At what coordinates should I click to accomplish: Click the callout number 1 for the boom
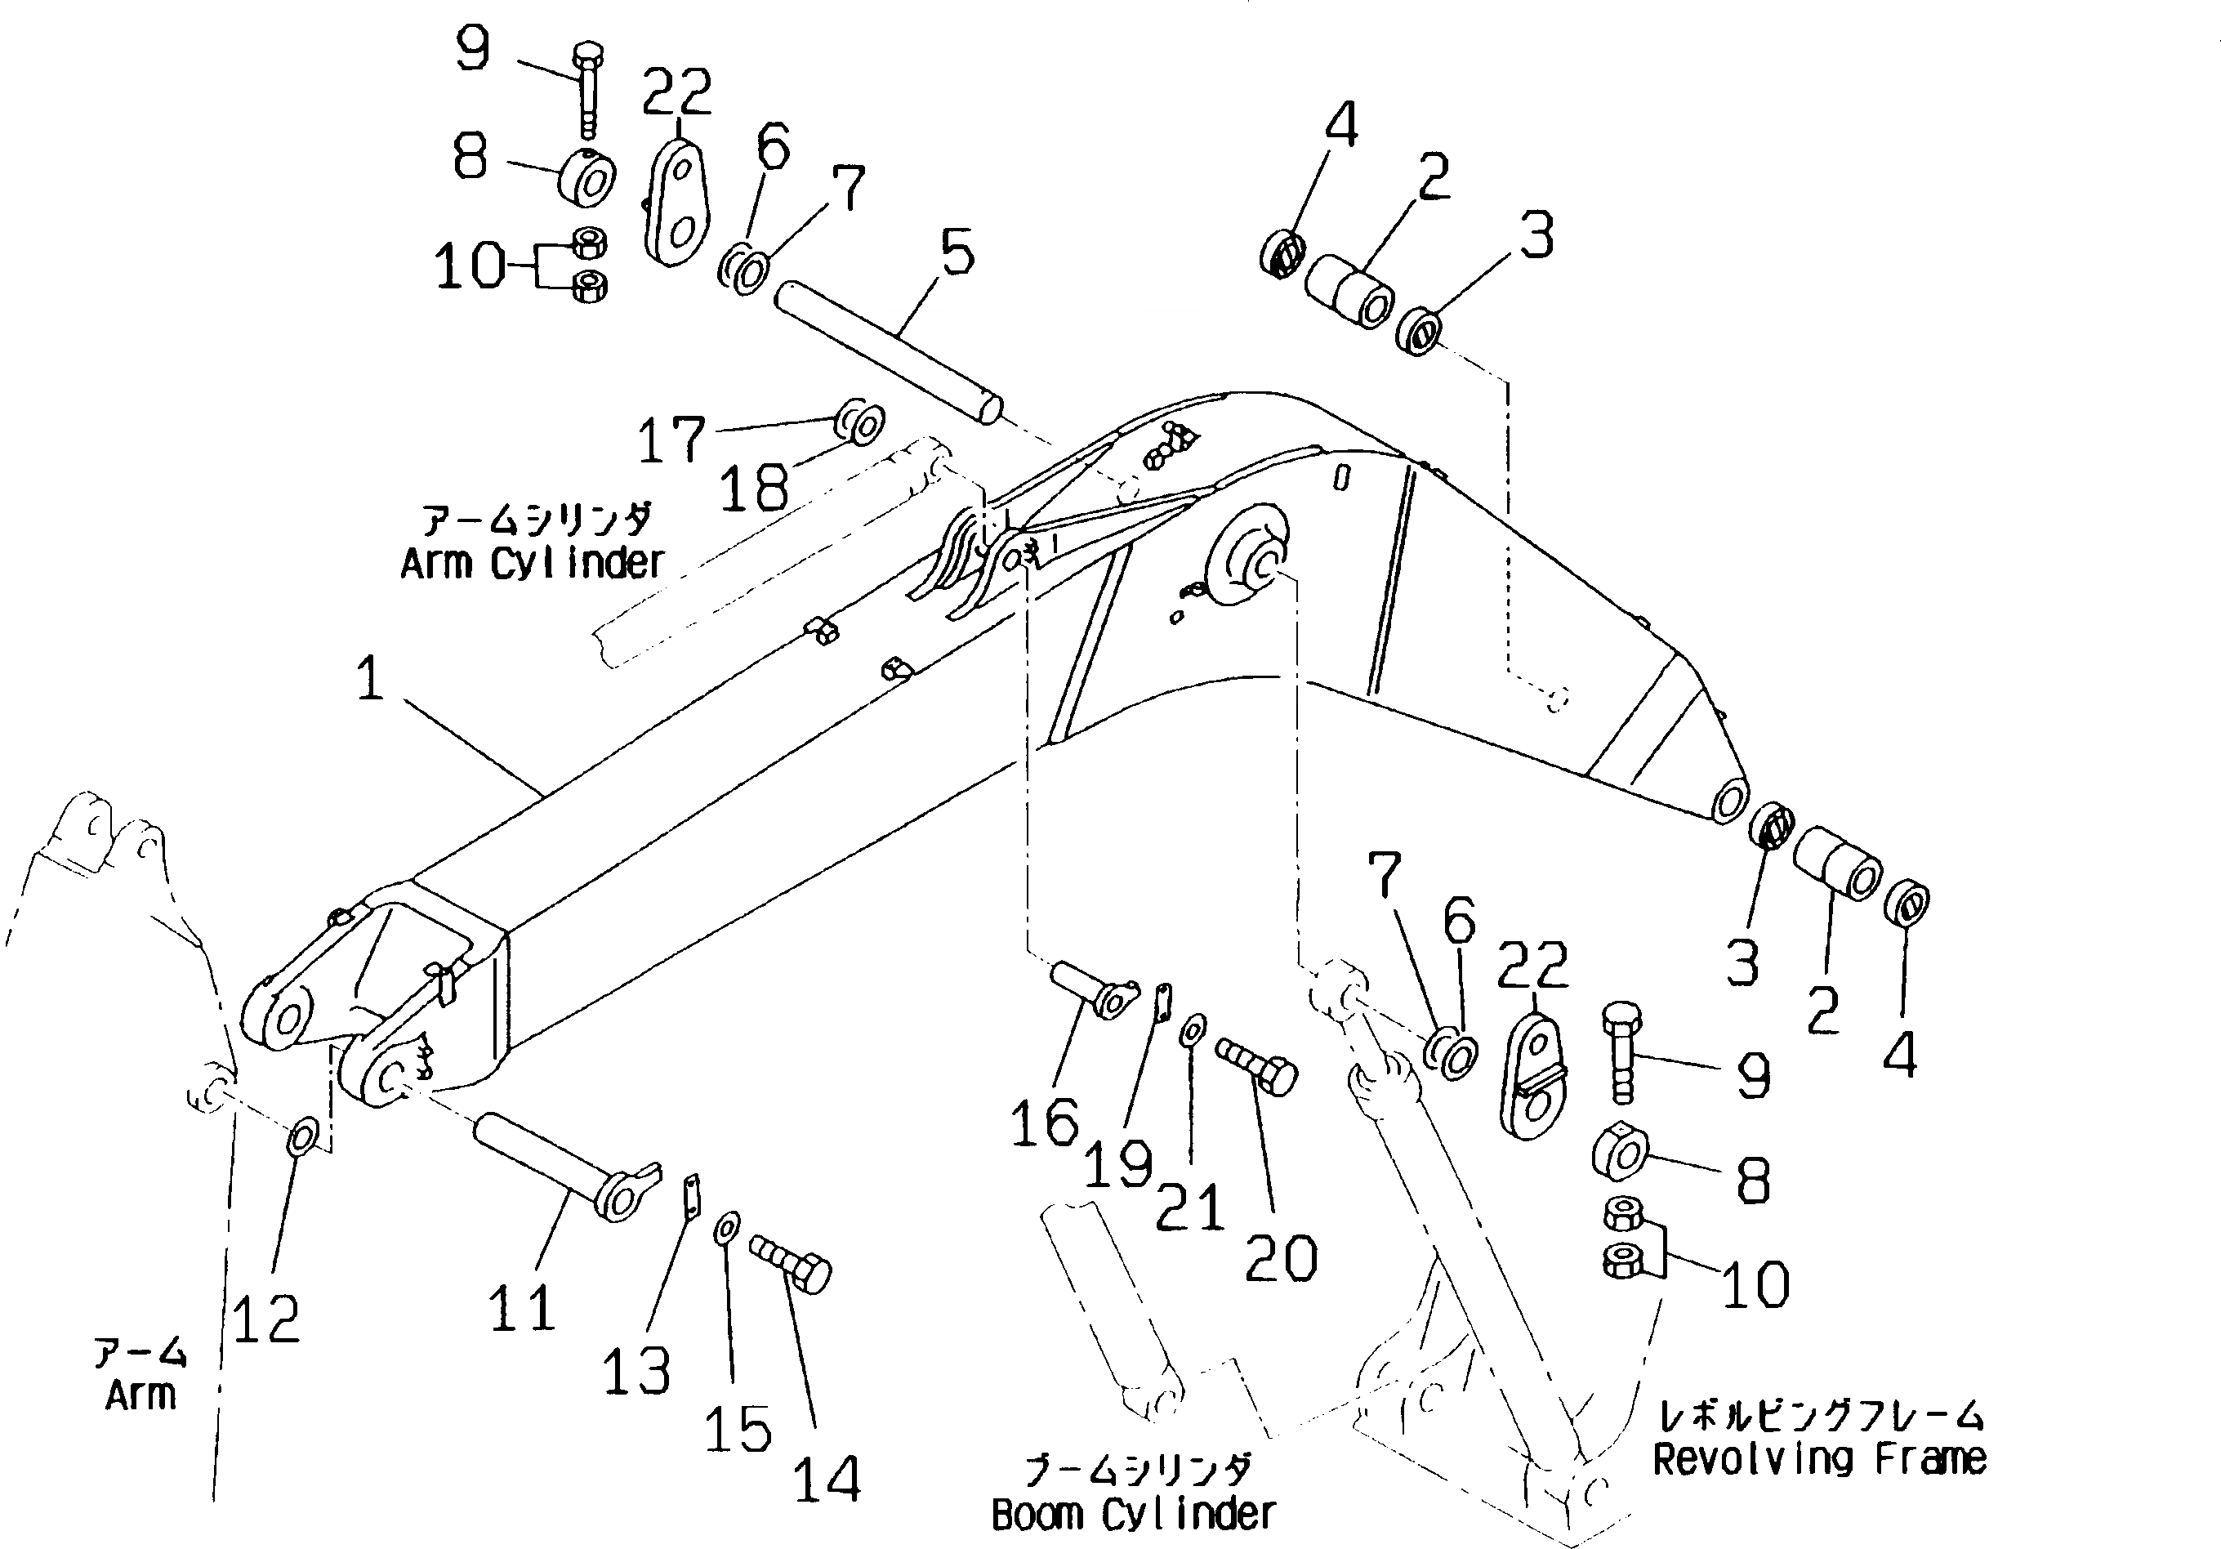click(x=371, y=678)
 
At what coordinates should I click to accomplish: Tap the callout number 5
click(x=957, y=253)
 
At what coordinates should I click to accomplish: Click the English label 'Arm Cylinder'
click(x=533, y=563)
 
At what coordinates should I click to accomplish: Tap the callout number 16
click(x=1045, y=1124)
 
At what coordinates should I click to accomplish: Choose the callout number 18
click(x=754, y=488)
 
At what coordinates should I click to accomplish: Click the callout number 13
click(x=636, y=1371)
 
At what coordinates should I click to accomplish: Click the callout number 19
click(x=1117, y=1164)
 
